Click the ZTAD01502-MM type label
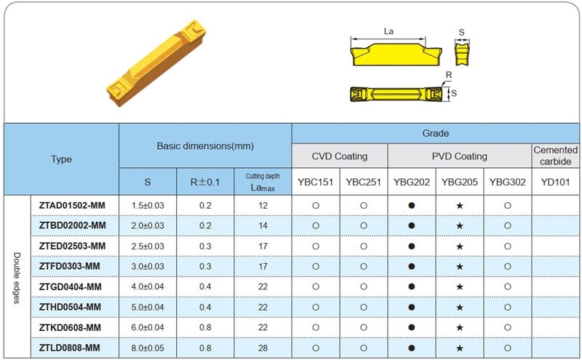72,205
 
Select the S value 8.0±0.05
148,348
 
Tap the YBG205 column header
460,182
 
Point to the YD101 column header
555,182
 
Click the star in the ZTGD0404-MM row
460,287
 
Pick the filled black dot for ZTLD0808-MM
411,348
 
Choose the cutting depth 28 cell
263,348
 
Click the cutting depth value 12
263,205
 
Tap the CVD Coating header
340,156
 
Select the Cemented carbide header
555,156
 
